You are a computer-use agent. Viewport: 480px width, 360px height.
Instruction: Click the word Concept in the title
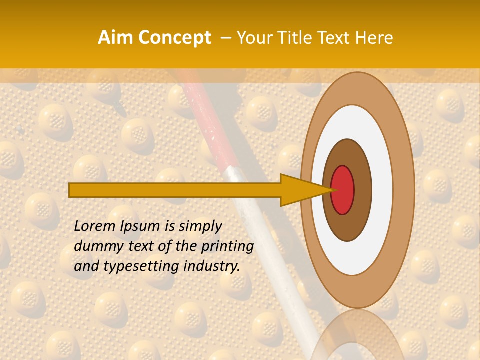pyautogui.click(x=174, y=38)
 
